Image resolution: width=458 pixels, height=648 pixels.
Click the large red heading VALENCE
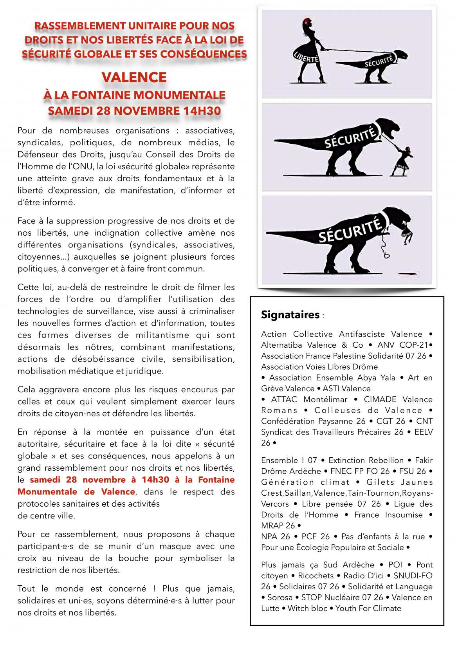pos(134,77)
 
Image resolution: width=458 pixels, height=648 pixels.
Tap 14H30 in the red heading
pos(202,111)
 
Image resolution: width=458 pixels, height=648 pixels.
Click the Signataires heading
pos(290,315)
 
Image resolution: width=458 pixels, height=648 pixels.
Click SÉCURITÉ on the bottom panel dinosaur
pos(350,229)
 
